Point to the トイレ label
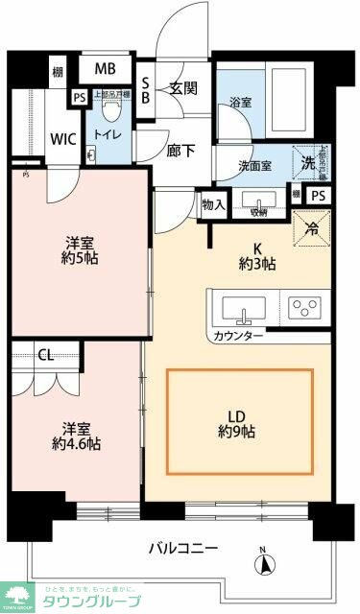tap(105, 135)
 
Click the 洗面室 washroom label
tap(254, 165)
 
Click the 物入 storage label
tap(214, 204)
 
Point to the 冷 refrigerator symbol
tap(311, 227)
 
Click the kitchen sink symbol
tap(245, 309)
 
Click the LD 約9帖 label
tap(240, 423)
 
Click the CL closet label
tap(45, 354)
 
